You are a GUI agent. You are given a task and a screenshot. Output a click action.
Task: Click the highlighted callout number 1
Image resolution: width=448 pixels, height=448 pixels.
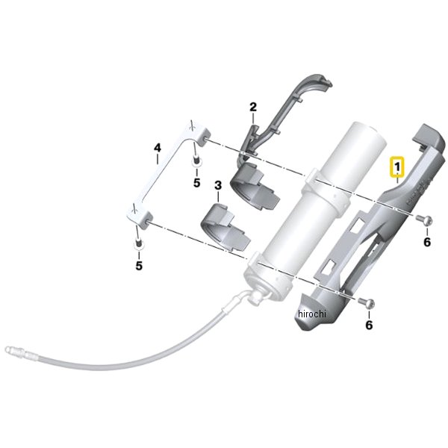[x=397, y=167]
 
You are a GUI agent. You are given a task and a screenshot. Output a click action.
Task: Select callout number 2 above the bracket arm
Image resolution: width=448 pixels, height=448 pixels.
[x=253, y=108]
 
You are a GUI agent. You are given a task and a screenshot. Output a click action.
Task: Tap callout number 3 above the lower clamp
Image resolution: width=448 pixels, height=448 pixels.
[x=218, y=185]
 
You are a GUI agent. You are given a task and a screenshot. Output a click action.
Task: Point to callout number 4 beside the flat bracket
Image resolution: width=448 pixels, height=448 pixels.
[x=158, y=148]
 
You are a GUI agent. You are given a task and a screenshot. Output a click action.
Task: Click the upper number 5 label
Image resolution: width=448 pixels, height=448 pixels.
[x=196, y=183]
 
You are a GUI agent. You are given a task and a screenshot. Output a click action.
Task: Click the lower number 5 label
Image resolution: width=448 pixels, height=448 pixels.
[x=139, y=266]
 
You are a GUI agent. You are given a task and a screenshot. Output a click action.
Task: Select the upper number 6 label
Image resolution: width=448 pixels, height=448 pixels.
[x=427, y=242]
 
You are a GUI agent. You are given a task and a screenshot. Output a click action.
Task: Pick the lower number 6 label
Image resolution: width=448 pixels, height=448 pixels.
[x=369, y=325]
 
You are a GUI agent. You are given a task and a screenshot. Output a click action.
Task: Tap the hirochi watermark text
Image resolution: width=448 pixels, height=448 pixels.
[x=311, y=314]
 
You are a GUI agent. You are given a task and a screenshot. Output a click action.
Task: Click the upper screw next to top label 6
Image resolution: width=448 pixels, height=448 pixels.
[x=424, y=220]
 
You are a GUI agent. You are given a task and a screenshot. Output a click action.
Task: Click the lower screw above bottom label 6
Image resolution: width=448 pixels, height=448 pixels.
[x=367, y=302]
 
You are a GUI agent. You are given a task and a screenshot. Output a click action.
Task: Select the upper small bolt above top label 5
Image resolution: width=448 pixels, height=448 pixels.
[x=196, y=161]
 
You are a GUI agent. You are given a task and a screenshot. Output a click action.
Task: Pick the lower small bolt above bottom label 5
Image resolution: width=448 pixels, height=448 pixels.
[x=138, y=243]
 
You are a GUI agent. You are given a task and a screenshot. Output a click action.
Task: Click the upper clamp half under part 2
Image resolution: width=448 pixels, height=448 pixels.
[x=255, y=185]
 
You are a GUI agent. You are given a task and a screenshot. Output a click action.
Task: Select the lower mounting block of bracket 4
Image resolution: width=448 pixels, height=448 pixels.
[x=140, y=215]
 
